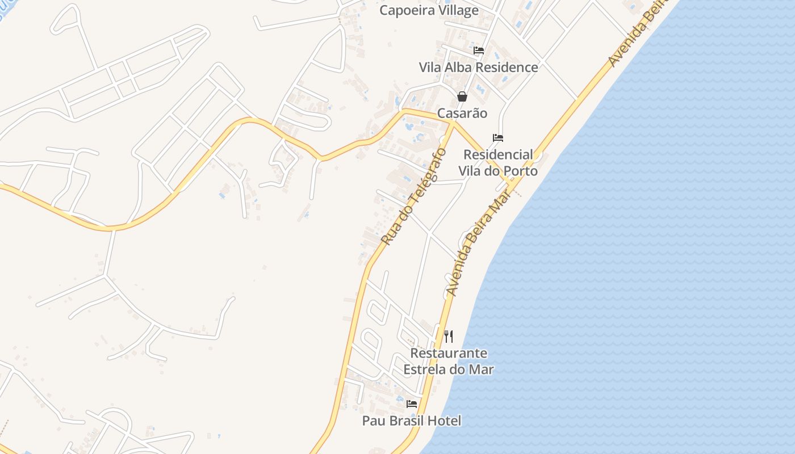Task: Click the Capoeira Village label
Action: [x=429, y=10]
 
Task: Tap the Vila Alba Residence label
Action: [x=478, y=67]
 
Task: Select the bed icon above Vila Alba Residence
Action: [x=479, y=51]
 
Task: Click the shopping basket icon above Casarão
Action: [x=462, y=96]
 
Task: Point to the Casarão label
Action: [x=462, y=113]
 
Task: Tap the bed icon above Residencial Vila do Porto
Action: [x=498, y=138]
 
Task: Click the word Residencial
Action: [x=498, y=154]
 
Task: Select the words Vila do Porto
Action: [x=498, y=170]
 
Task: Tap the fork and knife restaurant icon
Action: [x=449, y=337]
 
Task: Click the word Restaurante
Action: [x=449, y=353]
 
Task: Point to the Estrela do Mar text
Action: [x=449, y=369]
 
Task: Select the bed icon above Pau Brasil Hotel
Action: [x=412, y=404]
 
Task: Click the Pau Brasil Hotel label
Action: [x=412, y=421]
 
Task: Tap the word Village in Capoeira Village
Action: [x=454, y=10]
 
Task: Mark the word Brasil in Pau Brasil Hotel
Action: [x=407, y=421]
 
